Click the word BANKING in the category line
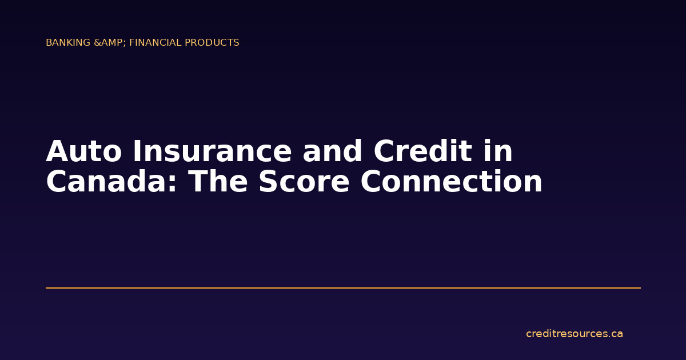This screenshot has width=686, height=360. point(68,43)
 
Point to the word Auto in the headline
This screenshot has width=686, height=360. point(84,152)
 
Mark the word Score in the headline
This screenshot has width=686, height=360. point(305,182)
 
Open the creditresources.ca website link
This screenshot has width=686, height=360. point(574,334)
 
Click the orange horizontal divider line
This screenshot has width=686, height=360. point(343,288)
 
